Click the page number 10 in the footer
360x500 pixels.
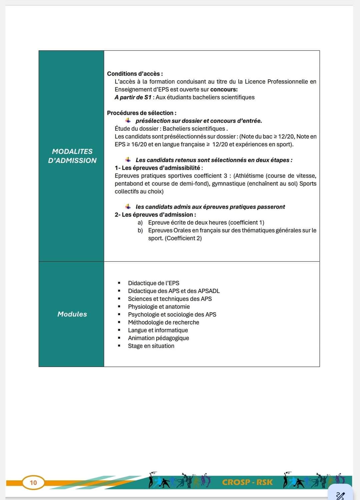(x=33, y=483)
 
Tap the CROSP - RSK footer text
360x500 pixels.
(x=247, y=482)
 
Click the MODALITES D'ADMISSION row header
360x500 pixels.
(x=72, y=156)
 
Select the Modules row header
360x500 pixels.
(x=72, y=314)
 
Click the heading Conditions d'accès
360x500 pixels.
(x=135, y=74)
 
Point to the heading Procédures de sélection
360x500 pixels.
(x=142, y=113)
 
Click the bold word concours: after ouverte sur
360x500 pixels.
(x=224, y=89)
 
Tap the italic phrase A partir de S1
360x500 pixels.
(x=133, y=97)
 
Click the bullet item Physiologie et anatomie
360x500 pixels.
(x=159, y=307)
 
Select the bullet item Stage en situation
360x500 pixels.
(x=151, y=346)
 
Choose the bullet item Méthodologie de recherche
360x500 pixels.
(x=163, y=322)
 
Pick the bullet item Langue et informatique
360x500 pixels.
(x=158, y=330)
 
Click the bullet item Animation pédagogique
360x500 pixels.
(x=158, y=338)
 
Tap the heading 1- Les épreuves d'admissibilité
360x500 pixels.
(x=159, y=168)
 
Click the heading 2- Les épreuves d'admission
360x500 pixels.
(x=155, y=215)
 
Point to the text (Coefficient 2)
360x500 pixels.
(x=183, y=238)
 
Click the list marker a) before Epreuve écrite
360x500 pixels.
(x=140, y=223)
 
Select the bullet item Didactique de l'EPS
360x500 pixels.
(x=153, y=283)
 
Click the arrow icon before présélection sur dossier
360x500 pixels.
(x=128, y=120)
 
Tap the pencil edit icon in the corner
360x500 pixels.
(x=340, y=495)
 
